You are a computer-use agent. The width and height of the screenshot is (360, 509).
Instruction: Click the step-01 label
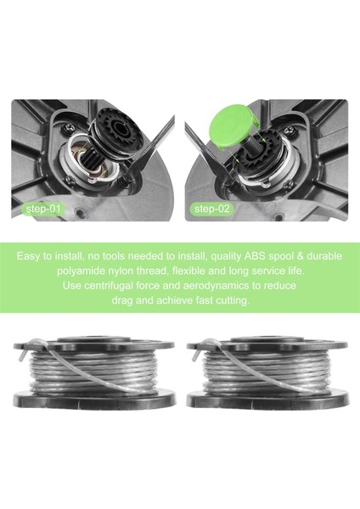tap(42, 208)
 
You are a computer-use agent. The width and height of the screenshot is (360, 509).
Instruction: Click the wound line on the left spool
tap(94, 370)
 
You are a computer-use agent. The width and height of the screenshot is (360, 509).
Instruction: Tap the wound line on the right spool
tap(267, 370)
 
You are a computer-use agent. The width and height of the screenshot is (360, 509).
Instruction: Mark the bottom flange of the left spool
tap(94, 398)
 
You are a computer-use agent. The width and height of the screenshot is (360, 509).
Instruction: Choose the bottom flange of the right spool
tap(268, 398)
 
